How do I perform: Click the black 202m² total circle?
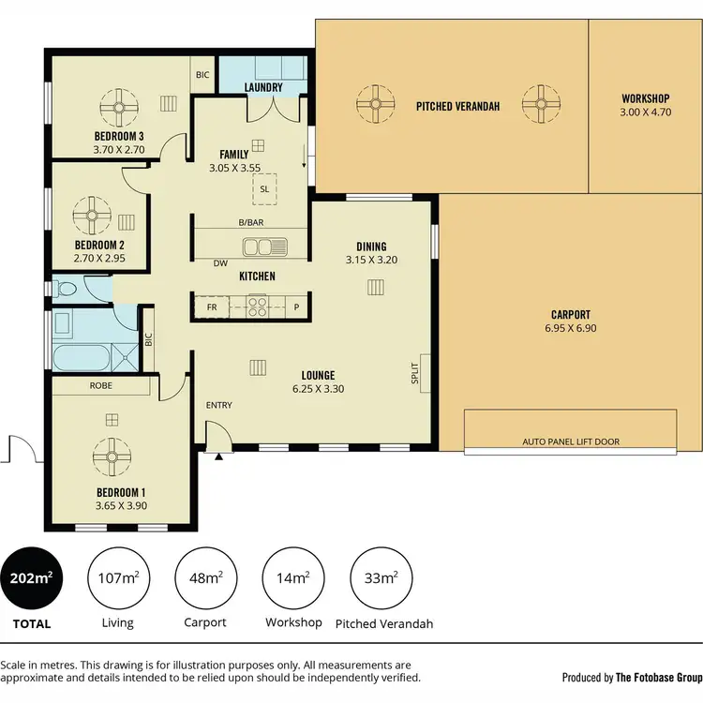(x=32, y=576)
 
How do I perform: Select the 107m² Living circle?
(x=118, y=576)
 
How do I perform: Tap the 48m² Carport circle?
(x=205, y=576)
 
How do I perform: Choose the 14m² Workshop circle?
(x=293, y=576)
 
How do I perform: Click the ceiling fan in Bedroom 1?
(x=117, y=457)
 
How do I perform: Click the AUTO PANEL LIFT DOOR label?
(x=572, y=441)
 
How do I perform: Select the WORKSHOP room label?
(x=645, y=98)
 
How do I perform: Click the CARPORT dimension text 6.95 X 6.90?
(x=571, y=329)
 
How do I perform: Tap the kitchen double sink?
(x=265, y=247)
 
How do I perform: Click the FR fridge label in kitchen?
(x=211, y=307)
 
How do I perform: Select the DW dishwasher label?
(x=220, y=263)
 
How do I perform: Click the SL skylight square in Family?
(x=265, y=187)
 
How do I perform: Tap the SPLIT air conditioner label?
(x=413, y=374)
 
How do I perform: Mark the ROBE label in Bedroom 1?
(x=101, y=385)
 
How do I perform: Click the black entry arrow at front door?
(x=219, y=456)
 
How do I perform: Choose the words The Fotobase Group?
(x=658, y=677)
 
